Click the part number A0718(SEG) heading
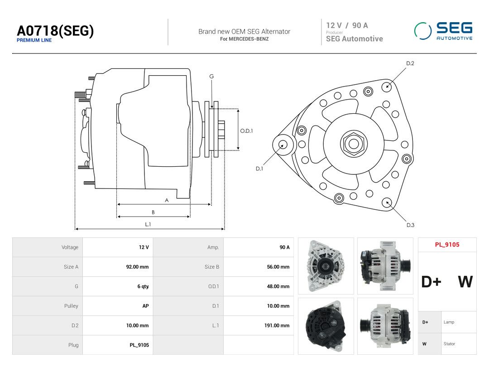55,31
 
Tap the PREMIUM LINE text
34,40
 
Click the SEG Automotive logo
443,31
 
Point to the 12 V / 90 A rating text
347,25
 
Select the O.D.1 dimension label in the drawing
246,131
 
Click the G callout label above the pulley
211,77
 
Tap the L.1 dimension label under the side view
148,224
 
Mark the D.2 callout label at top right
410,63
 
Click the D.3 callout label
410,225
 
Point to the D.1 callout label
259,169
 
